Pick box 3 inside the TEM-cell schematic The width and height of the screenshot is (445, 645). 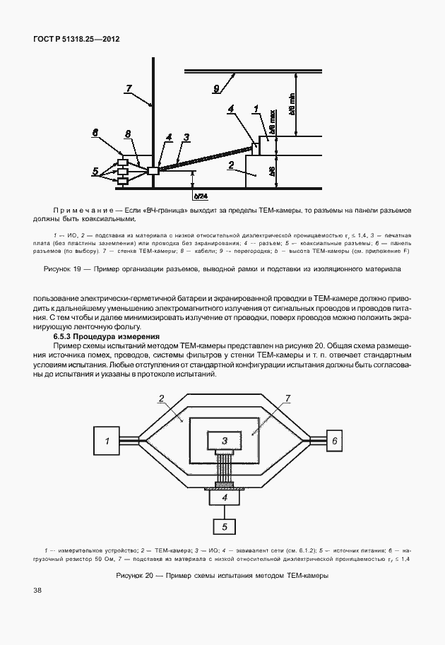(224, 440)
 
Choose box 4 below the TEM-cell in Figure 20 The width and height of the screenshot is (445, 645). (224, 498)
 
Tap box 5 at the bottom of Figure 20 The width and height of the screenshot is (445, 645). (224, 526)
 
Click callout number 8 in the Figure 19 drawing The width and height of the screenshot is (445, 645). (127, 134)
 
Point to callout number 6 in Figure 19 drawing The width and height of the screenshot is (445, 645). (96, 131)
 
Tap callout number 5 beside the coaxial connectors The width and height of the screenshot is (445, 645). (95, 170)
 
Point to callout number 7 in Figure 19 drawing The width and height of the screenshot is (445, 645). (129, 88)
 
